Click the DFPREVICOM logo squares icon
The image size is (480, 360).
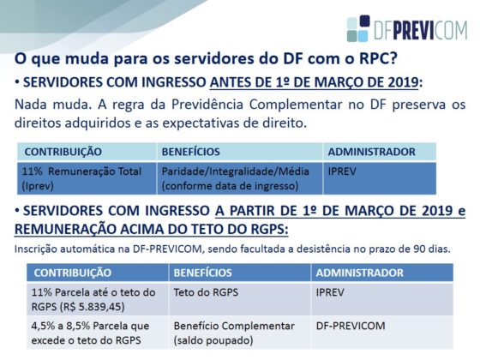click(358, 28)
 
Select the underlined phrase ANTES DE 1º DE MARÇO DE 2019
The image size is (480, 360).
click(314, 82)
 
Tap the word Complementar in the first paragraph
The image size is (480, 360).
click(295, 105)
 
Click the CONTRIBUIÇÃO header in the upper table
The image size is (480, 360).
click(63, 152)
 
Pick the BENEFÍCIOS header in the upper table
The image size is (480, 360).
click(190, 152)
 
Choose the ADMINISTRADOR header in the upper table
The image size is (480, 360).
click(372, 152)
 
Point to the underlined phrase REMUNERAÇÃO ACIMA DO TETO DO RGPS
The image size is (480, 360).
click(151, 230)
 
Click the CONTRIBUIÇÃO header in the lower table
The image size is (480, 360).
click(73, 273)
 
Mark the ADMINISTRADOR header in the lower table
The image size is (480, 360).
click(360, 273)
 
